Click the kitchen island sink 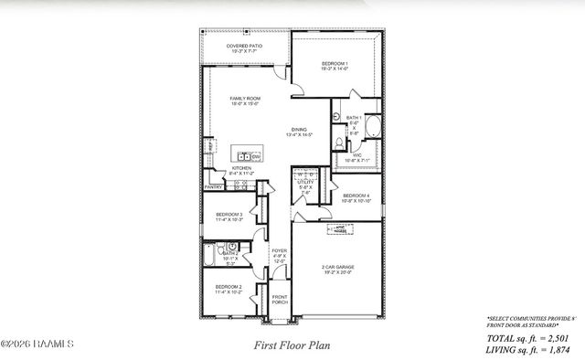pos(244,156)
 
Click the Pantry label pos(213,186)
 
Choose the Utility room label pos(305,186)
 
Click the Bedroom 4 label pos(356,197)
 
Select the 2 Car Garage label pos(339,270)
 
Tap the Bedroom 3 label pos(229,217)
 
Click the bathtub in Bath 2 pos(209,260)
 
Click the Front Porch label pos(278,300)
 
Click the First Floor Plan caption pos(292,346)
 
